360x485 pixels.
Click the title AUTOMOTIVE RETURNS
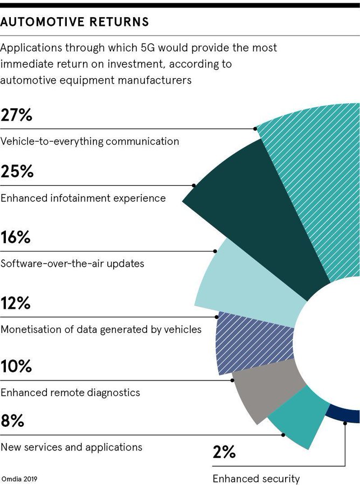[x=75, y=22]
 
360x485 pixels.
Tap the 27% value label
[x=17, y=115]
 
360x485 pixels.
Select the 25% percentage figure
[x=17, y=172]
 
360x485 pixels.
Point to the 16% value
[x=16, y=238]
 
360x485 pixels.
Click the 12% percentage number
[x=16, y=303]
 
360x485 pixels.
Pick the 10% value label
[x=17, y=366]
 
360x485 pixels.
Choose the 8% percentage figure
[x=12, y=421]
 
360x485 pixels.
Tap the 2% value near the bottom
[x=224, y=452]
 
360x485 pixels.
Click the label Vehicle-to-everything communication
[x=89, y=142]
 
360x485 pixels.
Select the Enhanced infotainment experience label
[x=83, y=198]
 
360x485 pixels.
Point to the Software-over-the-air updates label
[x=72, y=264]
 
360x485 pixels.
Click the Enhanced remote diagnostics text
[x=70, y=392]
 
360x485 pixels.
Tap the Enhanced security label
[x=256, y=479]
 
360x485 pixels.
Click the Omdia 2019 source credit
[x=19, y=479]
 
